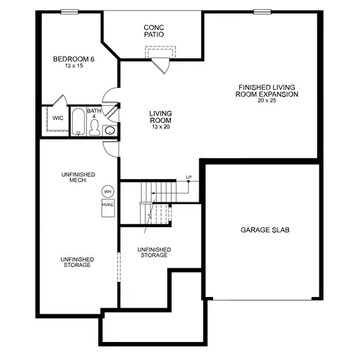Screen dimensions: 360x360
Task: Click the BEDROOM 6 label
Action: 73,59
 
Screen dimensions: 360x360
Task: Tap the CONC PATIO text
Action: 154,31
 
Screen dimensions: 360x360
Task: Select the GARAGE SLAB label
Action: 265,230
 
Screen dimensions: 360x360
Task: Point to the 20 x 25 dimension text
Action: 267,100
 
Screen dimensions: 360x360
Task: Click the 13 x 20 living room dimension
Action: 160,127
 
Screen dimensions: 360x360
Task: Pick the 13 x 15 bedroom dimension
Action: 73,66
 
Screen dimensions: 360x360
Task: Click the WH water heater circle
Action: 108,191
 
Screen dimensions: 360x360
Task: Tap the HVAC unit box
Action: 108,208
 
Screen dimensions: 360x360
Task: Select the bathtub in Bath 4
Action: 79,121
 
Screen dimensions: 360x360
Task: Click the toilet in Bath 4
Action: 94,127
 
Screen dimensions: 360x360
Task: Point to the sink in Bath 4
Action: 109,130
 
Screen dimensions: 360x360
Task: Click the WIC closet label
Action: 58,118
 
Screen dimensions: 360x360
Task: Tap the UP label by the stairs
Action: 189,177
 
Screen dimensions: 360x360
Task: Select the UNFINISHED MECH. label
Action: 78,177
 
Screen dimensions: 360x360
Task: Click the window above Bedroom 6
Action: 70,11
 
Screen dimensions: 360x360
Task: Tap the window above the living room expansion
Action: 262,11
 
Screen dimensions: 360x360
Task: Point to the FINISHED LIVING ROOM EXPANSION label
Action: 267,91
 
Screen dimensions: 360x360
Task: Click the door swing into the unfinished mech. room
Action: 111,149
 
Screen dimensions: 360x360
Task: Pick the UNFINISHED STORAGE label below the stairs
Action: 154,253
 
